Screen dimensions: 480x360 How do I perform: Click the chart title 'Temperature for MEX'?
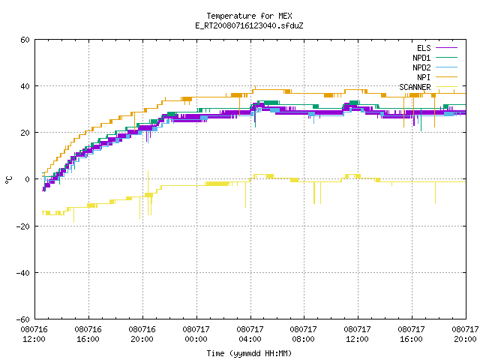click(x=249, y=16)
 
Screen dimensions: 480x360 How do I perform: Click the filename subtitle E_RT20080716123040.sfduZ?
click(x=249, y=25)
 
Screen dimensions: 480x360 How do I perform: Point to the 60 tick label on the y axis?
click(x=25, y=40)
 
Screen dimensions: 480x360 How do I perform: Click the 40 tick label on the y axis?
click(x=25, y=86)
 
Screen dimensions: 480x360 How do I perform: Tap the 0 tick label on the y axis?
click(x=27, y=179)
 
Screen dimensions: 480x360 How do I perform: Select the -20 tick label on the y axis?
click(x=23, y=226)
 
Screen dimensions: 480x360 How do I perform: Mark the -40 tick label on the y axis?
click(x=23, y=273)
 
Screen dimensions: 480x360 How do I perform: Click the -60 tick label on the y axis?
click(x=23, y=319)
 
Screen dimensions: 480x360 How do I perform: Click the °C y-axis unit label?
click(x=8, y=180)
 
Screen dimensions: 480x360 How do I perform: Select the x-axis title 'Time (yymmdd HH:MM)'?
click(x=249, y=353)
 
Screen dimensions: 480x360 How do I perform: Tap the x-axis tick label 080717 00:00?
click(x=196, y=334)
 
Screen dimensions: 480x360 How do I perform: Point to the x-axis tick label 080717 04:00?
click(x=250, y=334)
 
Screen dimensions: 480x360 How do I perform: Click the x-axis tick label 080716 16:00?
click(x=88, y=334)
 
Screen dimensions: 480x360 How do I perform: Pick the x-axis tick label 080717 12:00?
click(x=358, y=334)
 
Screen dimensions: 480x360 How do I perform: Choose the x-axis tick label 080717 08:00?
click(x=304, y=334)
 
